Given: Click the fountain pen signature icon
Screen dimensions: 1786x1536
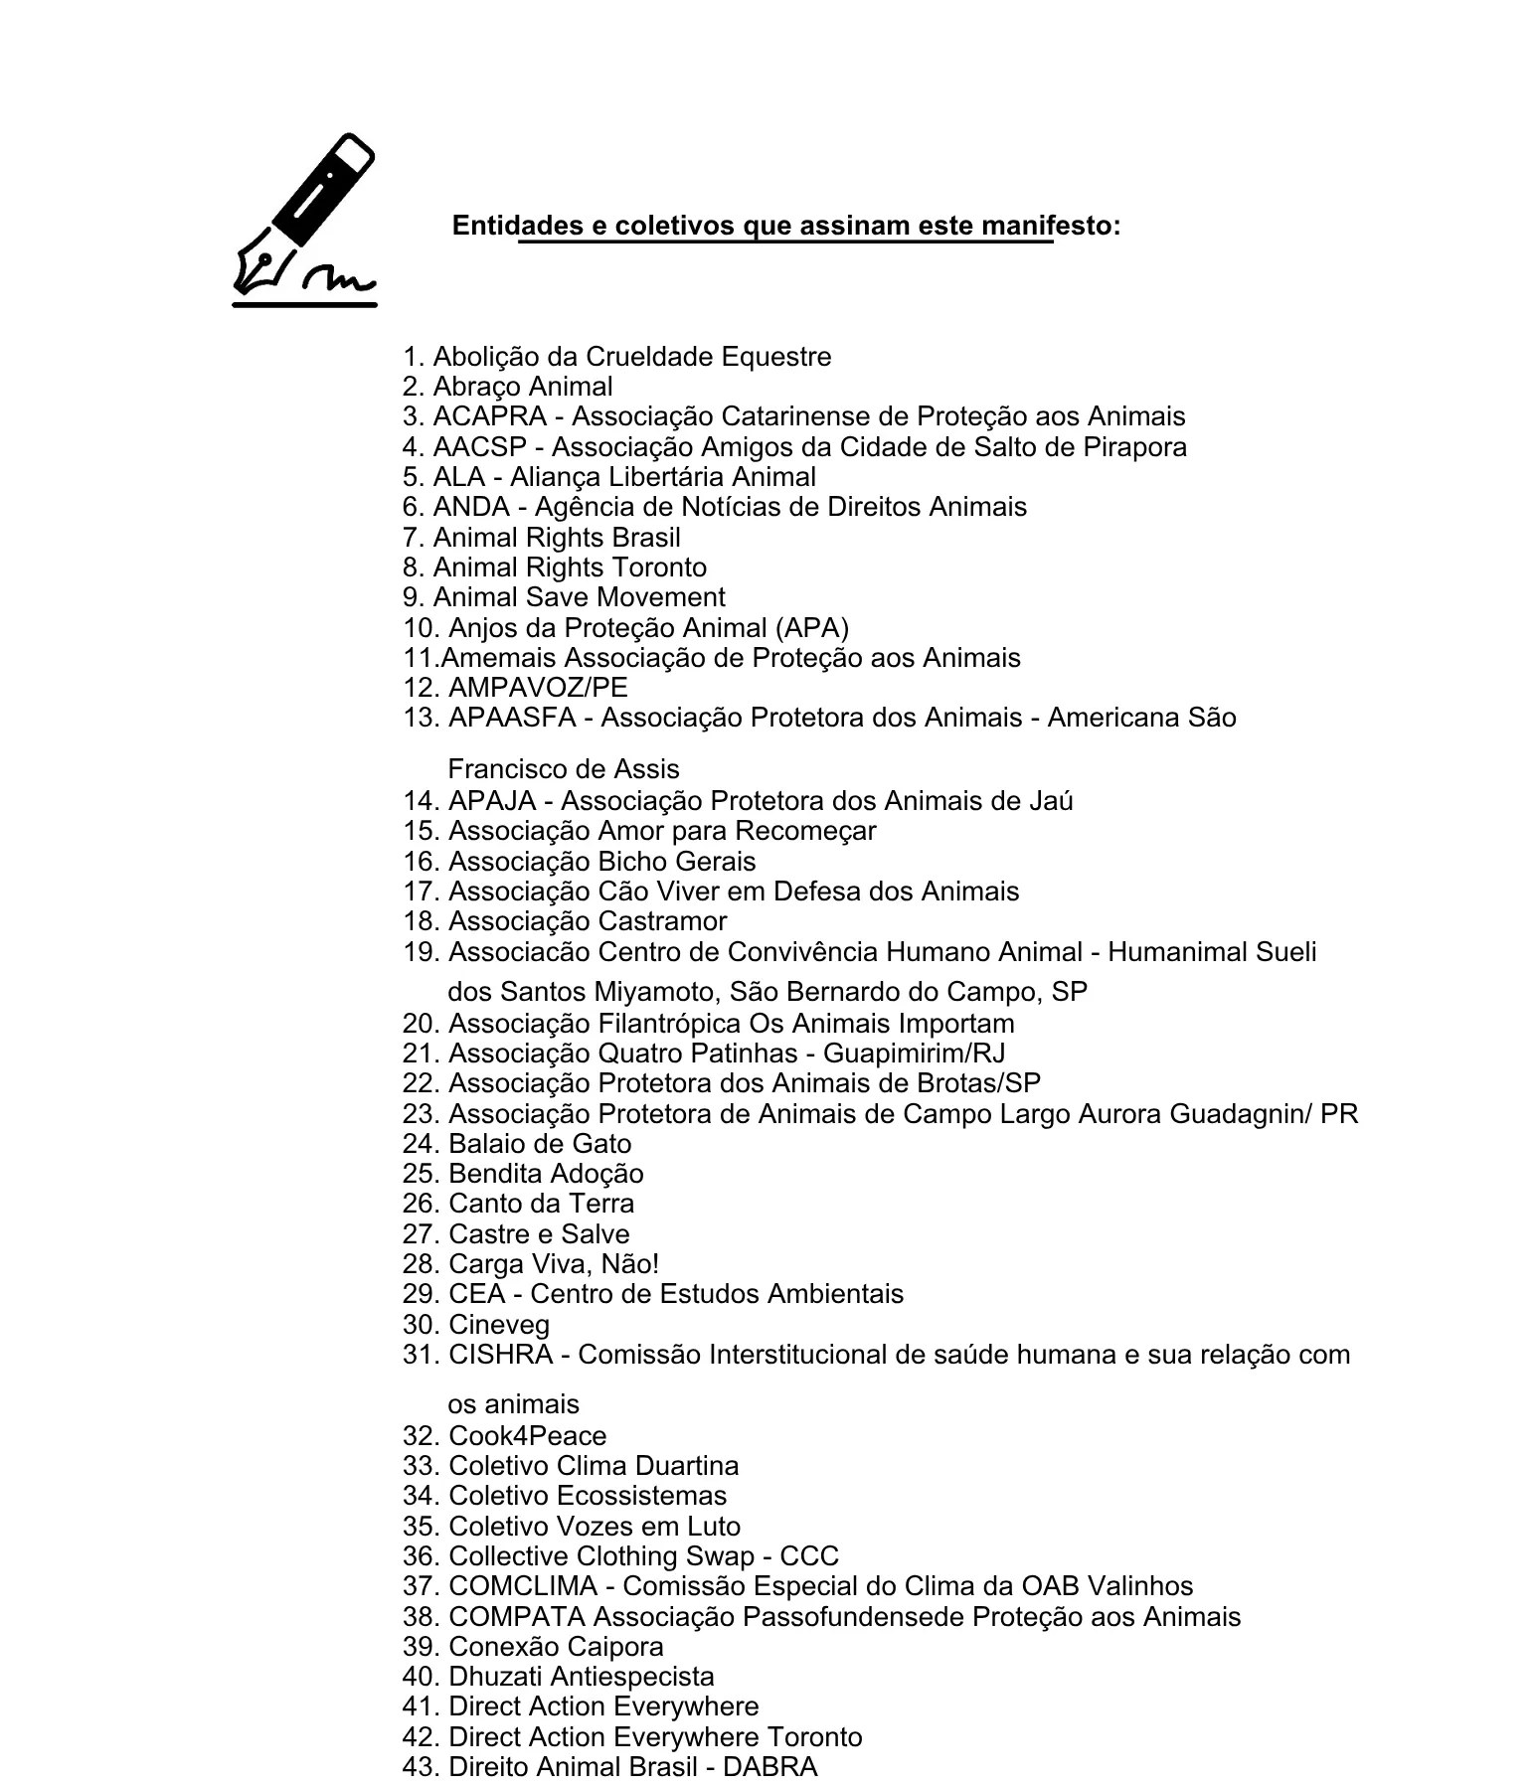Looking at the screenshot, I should pos(304,220).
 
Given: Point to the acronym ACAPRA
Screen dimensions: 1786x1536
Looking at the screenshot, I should pos(489,416).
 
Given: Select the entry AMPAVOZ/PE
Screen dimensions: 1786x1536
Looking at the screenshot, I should pos(538,688).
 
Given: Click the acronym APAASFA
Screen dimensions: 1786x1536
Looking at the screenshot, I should pos(512,718).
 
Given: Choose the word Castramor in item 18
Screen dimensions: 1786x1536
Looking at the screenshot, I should pos(661,921).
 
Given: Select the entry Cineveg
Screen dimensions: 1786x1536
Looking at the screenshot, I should pos(499,1325).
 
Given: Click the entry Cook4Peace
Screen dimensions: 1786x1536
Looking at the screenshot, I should pos(527,1436).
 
